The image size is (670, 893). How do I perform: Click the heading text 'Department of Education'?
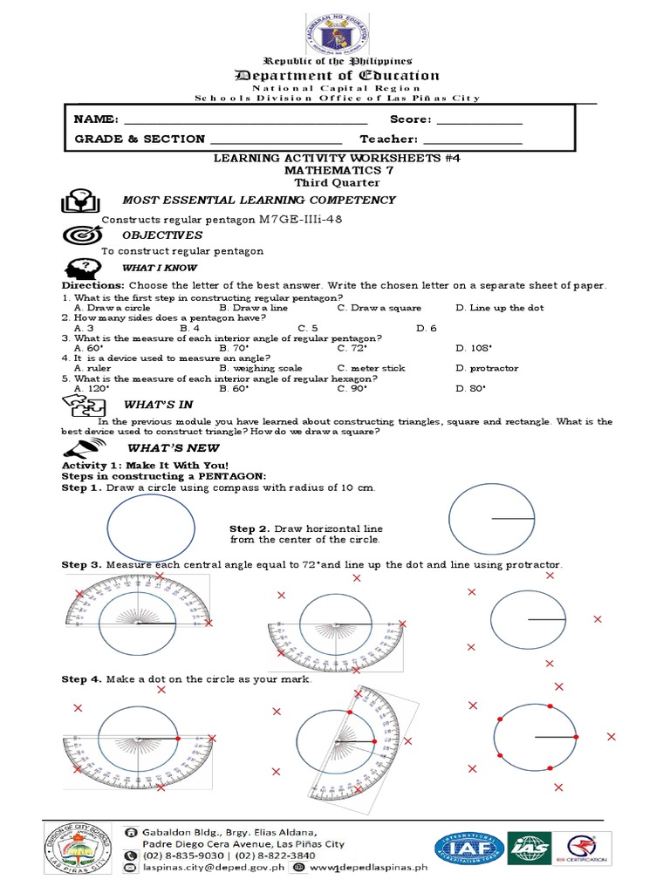point(336,75)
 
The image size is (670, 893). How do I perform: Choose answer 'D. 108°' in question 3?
point(474,348)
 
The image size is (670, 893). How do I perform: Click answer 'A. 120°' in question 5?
point(90,388)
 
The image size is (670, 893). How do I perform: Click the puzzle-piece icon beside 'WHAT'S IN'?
point(84,405)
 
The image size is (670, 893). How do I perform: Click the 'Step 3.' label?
point(81,565)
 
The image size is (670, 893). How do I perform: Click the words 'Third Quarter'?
point(336,183)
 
